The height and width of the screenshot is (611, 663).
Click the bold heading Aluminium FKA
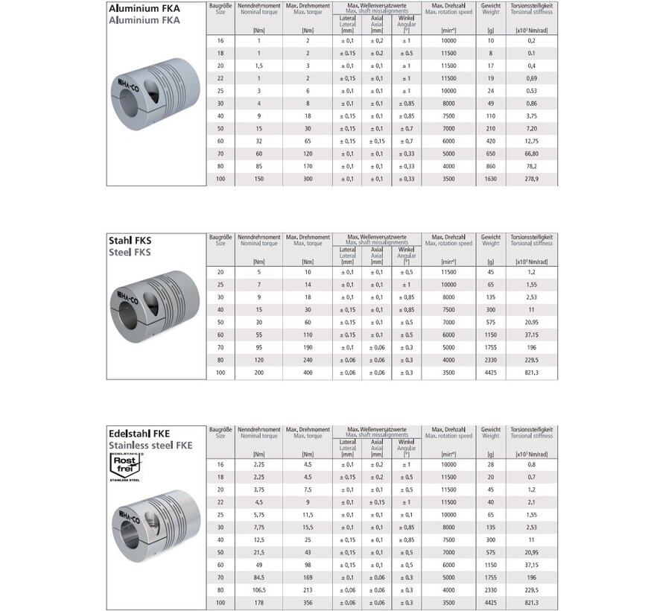[145, 9]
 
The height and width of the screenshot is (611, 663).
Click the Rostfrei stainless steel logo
[127, 466]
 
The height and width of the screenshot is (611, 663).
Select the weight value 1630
[490, 180]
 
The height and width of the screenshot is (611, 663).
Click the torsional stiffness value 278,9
[531, 180]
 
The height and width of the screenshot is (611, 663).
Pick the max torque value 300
[307, 180]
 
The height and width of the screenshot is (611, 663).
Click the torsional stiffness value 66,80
[531, 153]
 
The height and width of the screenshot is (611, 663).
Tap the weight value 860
[490, 167]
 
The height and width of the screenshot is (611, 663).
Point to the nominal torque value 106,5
[258, 589]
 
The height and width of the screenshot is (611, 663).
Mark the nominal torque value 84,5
[258, 576]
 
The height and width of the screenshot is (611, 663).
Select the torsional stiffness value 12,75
[531, 141]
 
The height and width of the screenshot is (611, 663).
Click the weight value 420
[490, 141]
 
